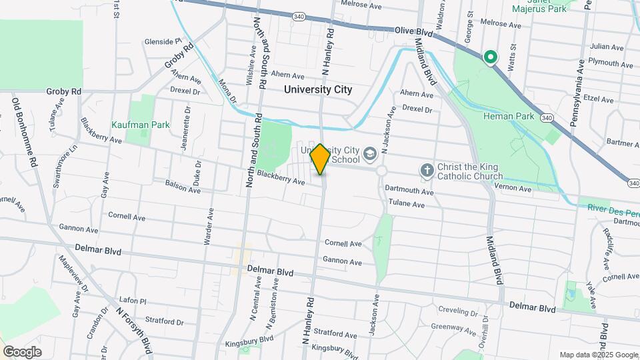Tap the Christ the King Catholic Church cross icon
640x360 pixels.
pos(427,171)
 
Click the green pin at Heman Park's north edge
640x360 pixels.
pos(491,57)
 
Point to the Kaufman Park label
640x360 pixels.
pos(141,125)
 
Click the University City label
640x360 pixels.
pos(317,89)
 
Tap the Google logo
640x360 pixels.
pos(22,351)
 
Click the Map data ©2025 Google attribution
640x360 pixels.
pos(598,355)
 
